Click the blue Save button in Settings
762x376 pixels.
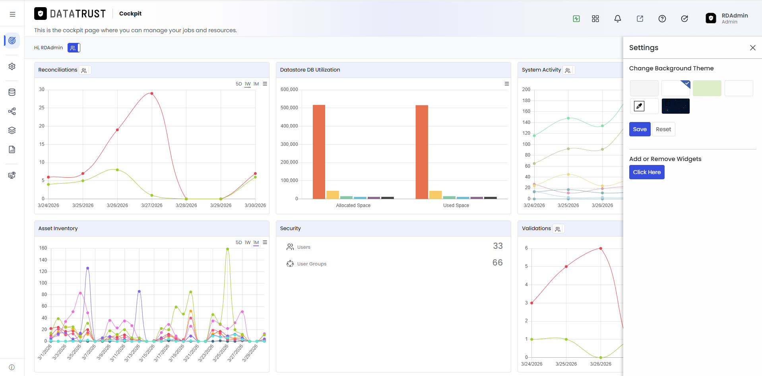pos(640,129)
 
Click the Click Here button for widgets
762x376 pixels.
pos(647,172)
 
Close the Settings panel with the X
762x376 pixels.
pos(752,48)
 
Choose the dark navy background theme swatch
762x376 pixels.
pos(675,106)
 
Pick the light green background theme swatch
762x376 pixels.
pos(707,88)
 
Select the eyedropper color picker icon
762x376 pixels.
pos(639,106)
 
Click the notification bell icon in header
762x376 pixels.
pos(617,19)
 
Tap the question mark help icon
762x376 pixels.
pos(662,19)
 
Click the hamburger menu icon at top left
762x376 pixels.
pos(12,14)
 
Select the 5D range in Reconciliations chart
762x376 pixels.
pos(238,84)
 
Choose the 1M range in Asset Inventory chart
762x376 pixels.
pos(256,242)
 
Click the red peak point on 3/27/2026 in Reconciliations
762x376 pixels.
pos(152,93)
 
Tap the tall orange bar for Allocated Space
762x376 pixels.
pos(319,152)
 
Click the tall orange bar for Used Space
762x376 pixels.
pos(422,152)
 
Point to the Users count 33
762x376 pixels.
pos(498,246)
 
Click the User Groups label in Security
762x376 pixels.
pos(312,264)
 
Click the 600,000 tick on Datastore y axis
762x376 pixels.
pos(289,89)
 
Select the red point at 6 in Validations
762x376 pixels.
pos(601,248)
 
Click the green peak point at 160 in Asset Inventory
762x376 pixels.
pos(227,249)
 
